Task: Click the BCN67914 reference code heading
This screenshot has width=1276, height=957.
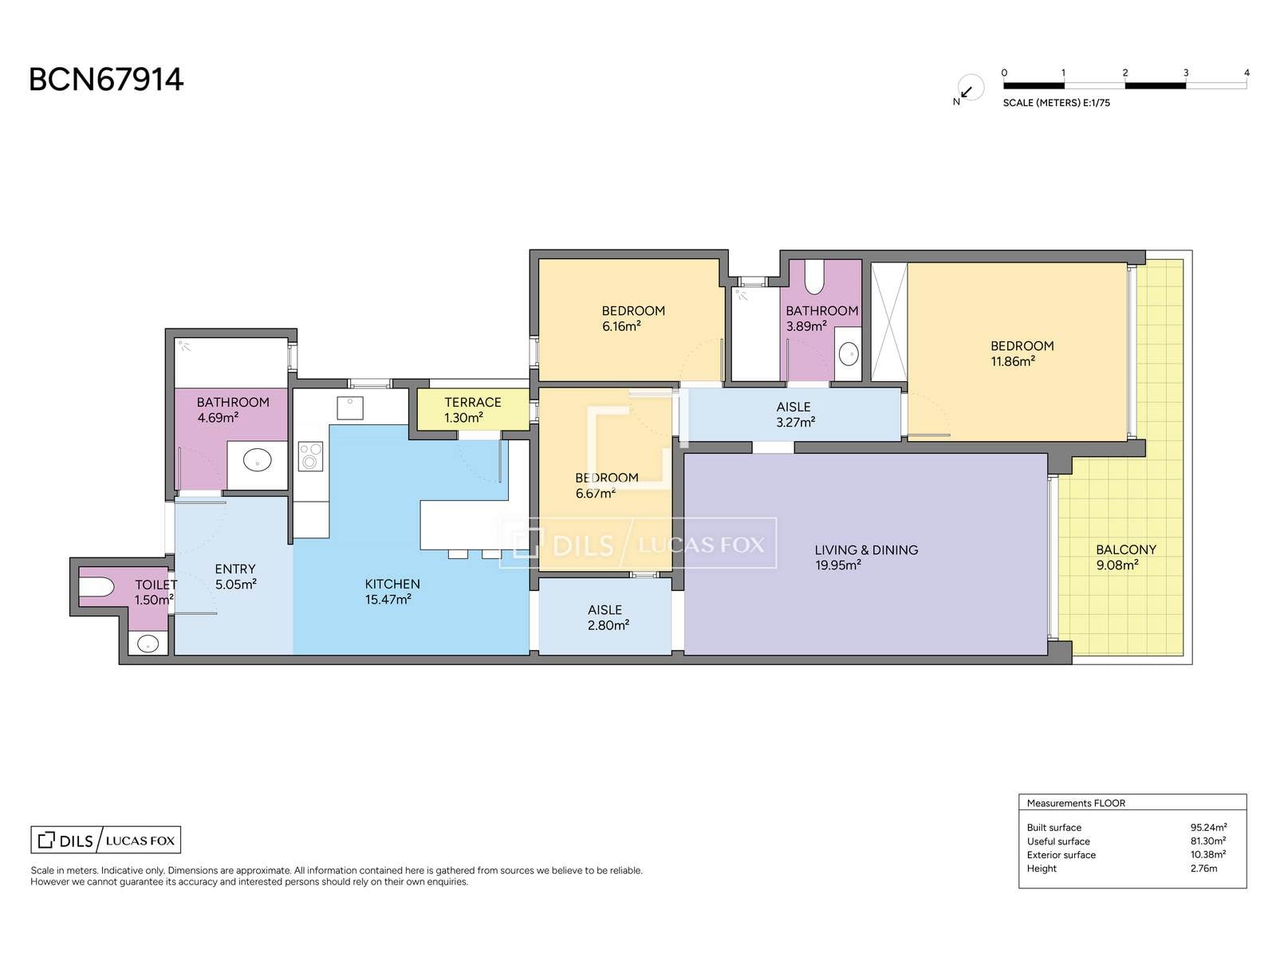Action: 106,80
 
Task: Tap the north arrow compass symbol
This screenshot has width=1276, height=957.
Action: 970,89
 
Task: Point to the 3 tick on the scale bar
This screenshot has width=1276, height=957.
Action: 1186,73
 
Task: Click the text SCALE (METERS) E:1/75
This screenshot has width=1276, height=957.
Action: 1056,103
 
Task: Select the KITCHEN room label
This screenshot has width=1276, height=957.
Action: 392,584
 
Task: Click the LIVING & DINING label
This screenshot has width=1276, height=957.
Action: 866,549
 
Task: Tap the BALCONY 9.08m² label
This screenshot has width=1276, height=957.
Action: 1125,557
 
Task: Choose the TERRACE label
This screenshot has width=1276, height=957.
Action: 473,402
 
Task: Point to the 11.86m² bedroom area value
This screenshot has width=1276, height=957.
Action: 1013,361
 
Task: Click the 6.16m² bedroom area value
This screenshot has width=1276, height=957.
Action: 621,326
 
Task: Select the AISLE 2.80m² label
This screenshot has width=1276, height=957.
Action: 608,617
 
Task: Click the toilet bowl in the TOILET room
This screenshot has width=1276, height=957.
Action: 96,587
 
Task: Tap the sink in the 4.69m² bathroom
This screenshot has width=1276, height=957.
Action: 258,461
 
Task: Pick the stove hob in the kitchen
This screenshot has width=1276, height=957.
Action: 310,456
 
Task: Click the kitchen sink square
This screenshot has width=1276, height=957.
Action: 350,408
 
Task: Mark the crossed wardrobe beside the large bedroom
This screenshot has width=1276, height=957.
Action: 889,322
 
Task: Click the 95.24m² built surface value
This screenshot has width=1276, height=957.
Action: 1208,828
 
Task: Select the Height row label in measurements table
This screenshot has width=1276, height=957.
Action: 1042,868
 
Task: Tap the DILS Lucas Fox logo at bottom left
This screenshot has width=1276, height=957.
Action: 106,840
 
